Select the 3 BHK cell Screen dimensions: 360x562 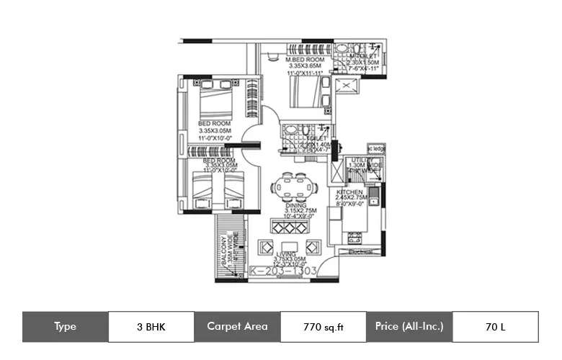click(x=151, y=326)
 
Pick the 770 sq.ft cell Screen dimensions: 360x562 click(x=323, y=326)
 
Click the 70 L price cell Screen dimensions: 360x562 click(x=495, y=326)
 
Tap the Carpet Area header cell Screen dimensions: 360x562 click(x=237, y=326)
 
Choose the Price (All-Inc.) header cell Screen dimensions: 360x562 click(x=409, y=326)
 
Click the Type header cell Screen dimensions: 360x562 click(x=65, y=326)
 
